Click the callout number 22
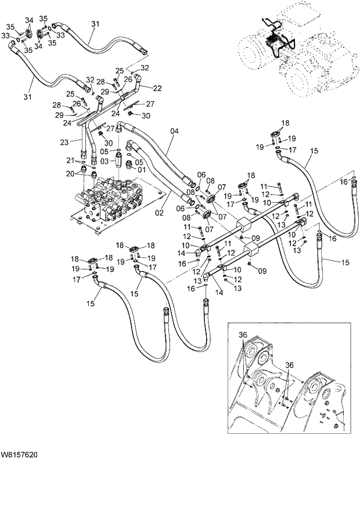(x=156, y=88)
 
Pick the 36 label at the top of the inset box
(x=242, y=335)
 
